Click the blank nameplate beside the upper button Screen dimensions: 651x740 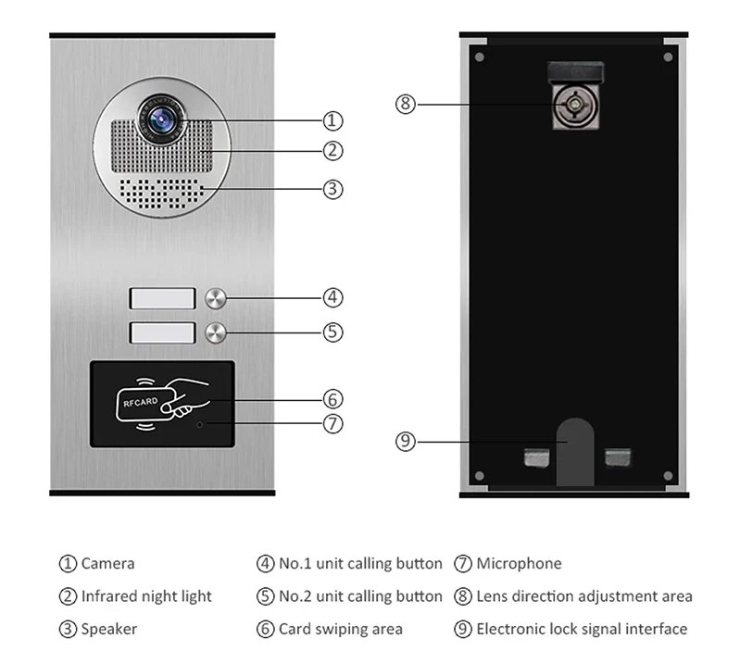(162, 298)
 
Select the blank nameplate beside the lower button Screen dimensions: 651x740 (162, 332)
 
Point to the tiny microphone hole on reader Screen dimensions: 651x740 (200, 424)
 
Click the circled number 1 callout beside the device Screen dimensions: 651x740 (332, 120)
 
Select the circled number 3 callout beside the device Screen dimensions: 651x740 (332, 189)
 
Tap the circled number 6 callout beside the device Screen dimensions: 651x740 (332, 399)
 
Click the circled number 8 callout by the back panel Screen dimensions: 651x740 (405, 104)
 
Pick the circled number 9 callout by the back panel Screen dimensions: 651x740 (405, 442)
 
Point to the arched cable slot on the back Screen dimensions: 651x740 (575, 449)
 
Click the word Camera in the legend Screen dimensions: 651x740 (107, 563)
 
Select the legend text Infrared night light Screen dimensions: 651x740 (146, 596)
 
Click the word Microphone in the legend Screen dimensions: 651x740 (519, 563)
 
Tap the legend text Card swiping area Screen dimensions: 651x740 (341, 630)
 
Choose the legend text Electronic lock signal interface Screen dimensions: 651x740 (582, 630)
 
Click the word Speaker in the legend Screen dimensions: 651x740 (109, 630)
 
